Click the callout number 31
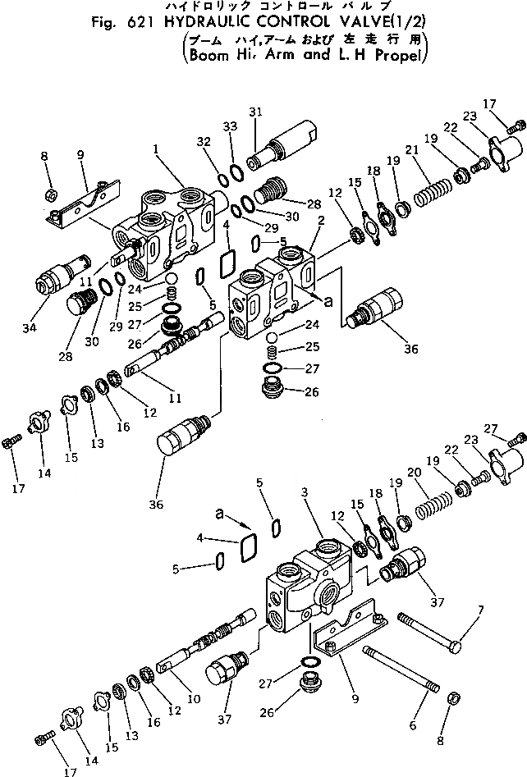[255, 112]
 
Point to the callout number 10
[194, 699]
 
